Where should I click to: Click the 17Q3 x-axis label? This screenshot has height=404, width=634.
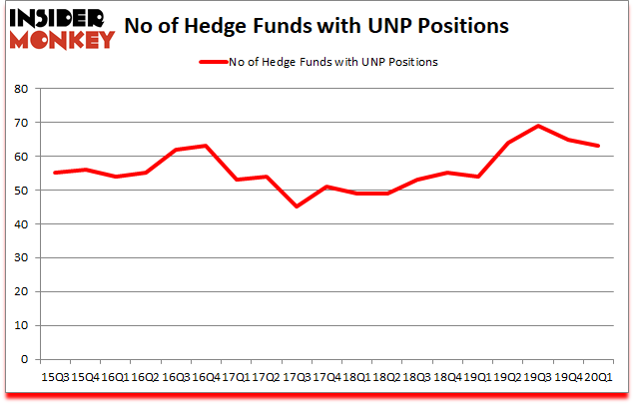pyautogui.click(x=295, y=378)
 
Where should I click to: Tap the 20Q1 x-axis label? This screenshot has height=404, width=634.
pyautogui.click(x=597, y=378)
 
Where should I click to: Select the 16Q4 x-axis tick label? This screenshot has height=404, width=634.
pyautogui.click(x=204, y=378)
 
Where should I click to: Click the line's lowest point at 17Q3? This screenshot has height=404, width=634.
pyautogui.click(x=295, y=206)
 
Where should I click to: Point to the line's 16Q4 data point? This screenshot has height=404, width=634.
pyautogui.click(x=205, y=146)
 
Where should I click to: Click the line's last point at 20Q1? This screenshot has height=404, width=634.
pyautogui.click(x=597, y=146)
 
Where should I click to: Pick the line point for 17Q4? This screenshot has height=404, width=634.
pyautogui.click(x=325, y=187)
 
